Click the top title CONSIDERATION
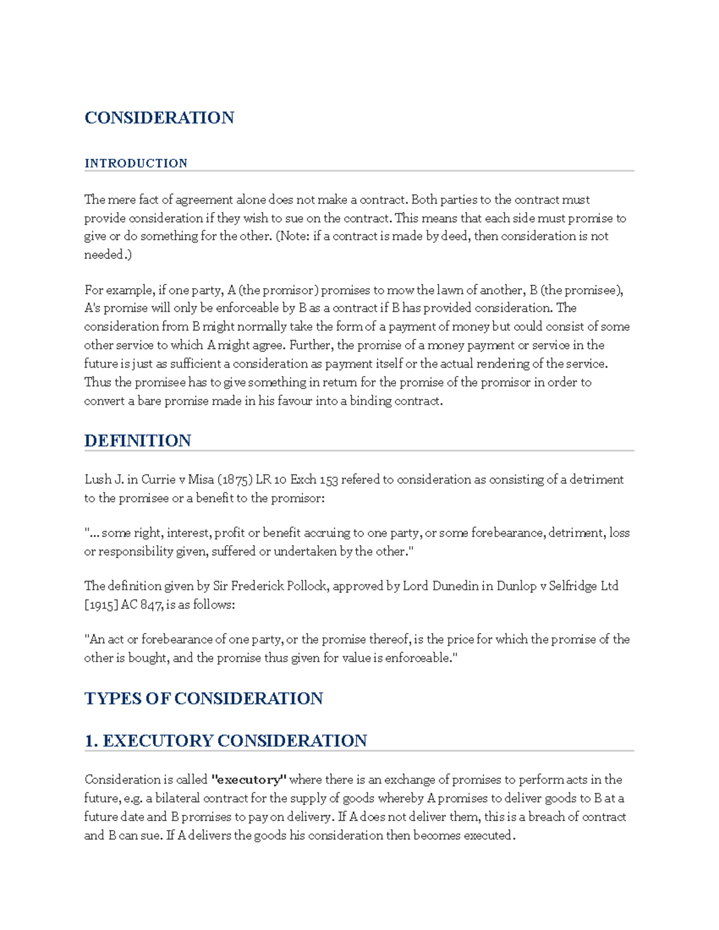[x=159, y=117]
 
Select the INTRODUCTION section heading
[x=136, y=163]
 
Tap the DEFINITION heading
[x=137, y=441]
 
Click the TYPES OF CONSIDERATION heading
[x=204, y=698]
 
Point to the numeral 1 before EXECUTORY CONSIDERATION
[x=90, y=741]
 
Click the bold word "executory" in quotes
[x=249, y=780]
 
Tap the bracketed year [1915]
[x=101, y=605]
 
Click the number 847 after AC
[x=150, y=605]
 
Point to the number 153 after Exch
[x=328, y=480]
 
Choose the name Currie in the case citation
[x=158, y=480]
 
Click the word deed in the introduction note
[x=455, y=237]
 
